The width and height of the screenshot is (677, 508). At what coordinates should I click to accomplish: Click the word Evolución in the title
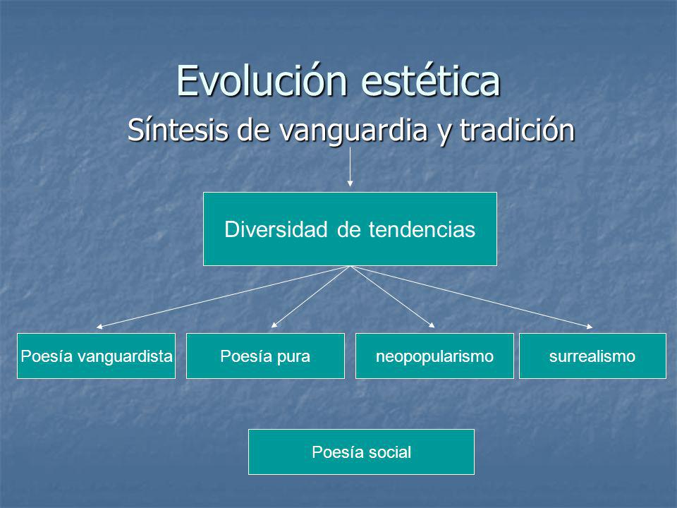click(262, 80)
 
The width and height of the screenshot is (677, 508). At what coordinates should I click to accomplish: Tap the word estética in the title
click(430, 80)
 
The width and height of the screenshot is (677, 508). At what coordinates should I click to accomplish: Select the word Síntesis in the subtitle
click(178, 130)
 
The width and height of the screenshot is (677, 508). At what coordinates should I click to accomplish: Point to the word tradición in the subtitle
click(517, 130)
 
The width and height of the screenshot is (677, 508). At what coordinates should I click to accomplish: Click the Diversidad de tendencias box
click(350, 229)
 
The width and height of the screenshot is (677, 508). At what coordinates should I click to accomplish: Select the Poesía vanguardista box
click(97, 356)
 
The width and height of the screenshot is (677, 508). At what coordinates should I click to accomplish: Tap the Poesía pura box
click(266, 356)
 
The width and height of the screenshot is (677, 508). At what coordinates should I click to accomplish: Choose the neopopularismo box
click(435, 356)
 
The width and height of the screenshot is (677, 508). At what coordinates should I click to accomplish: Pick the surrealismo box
click(592, 356)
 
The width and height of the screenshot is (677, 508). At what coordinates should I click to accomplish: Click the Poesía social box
click(361, 452)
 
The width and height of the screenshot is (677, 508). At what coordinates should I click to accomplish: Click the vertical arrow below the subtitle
click(350, 167)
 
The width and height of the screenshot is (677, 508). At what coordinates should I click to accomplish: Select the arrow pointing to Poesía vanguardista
click(223, 297)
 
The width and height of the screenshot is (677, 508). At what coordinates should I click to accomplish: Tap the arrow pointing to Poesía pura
click(310, 297)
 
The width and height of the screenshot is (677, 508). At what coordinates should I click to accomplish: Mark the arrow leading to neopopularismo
click(393, 297)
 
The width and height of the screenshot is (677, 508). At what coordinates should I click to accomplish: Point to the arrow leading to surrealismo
click(472, 297)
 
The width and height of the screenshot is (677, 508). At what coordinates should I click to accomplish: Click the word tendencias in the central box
click(422, 229)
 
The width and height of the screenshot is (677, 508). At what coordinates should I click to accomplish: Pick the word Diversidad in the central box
click(276, 229)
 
